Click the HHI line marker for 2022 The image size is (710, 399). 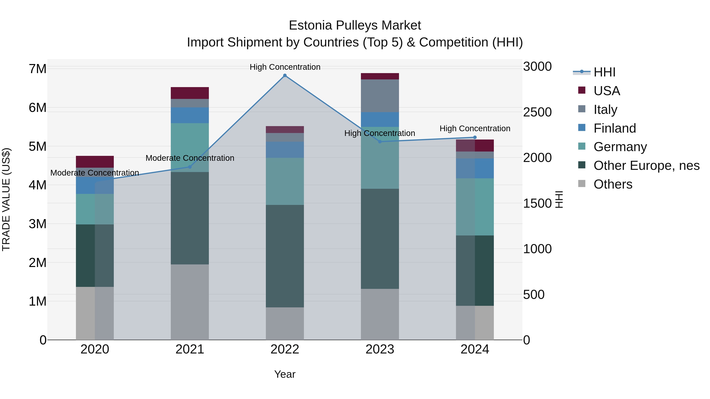click(x=285, y=75)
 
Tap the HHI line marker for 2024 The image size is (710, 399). click(x=475, y=137)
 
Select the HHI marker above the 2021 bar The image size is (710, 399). click(x=190, y=167)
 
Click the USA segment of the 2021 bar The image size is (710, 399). click(x=190, y=93)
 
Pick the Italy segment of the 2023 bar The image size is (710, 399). click(x=380, y=96)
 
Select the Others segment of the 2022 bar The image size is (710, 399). click(x=285, y=323)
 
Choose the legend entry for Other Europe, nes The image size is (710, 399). click(x=646, y=166)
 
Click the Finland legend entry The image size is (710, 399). click(x=615, y=128)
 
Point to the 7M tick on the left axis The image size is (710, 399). click(x=37, y=69)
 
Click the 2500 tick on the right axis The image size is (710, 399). click(x=537, y=112)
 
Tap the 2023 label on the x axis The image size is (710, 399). click(x=380, y=349)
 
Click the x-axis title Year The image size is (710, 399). click(x=285, y=374)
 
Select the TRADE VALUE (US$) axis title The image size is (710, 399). click(x=6, y=199)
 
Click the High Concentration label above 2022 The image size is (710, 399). click(x=285, y=67)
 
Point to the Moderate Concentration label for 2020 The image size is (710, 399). click(x=94, y=173)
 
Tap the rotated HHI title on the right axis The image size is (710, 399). click(x=559, y=199)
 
